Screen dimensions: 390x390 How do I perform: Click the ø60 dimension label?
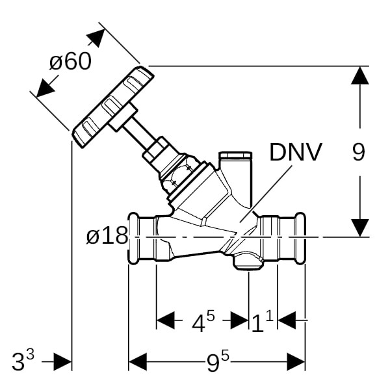(70, 62)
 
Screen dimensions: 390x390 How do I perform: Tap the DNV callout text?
(295, 153)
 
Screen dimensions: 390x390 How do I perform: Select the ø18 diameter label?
(107, 235)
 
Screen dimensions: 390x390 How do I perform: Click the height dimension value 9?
(358, 152)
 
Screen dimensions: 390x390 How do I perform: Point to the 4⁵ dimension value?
(201, 321)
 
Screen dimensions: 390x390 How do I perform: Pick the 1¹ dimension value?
(262, 321)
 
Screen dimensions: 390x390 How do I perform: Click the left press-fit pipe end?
(142, 237)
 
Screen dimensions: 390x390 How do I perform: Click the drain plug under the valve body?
(247, 261)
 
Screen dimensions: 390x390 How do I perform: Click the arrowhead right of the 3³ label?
(62, 361)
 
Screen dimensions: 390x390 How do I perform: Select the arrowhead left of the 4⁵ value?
(166, 320)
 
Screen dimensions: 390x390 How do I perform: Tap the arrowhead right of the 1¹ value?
(287, 320)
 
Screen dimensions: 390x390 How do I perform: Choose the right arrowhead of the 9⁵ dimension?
(296, 361)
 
